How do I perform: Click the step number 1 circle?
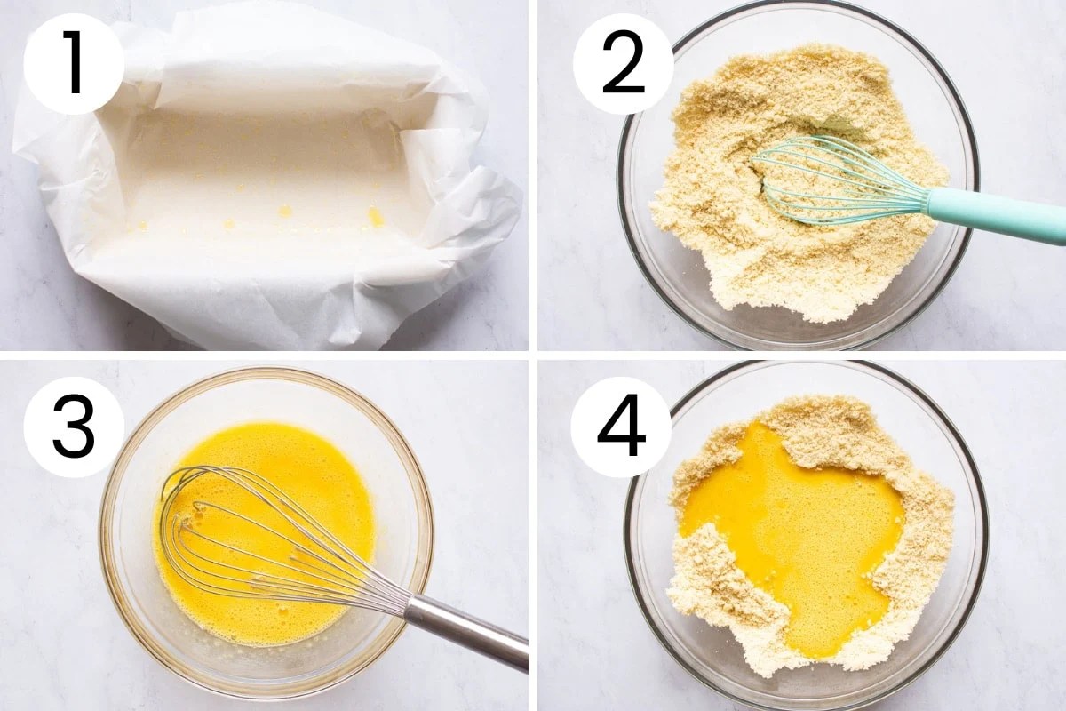pos(73,63)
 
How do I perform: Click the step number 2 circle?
pos(622,63)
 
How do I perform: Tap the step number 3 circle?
pos(73,427)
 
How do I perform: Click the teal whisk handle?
pos(995,216)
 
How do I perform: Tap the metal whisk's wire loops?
pos(258,533)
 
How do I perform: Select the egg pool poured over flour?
pos(799,524)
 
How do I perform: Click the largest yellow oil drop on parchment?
pos(375,216)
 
